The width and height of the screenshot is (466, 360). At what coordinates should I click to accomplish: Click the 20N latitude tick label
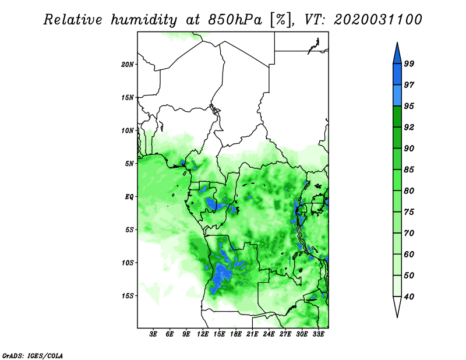tap(127, 65)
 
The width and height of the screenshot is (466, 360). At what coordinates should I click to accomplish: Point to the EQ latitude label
tap(129, 197)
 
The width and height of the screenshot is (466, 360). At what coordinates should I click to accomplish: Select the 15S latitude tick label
tap(128, 296)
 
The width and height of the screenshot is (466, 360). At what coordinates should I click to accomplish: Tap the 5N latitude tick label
tap(129, 164)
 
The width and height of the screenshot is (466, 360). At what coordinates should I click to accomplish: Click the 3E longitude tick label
tap(153, 334)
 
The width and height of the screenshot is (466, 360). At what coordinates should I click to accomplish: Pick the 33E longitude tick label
tap(318, 334)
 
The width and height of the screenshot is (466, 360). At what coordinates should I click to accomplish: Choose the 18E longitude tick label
tap(236, 334)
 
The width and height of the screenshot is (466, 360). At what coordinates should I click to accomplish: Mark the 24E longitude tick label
tap(269, 334)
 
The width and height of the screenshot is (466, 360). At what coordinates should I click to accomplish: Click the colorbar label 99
tap(409, 63)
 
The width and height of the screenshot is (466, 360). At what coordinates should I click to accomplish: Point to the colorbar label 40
tap(409, 297)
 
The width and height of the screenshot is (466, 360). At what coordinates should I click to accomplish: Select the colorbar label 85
tap(409, 170)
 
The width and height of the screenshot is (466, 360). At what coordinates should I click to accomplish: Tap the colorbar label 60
tap(409, 255)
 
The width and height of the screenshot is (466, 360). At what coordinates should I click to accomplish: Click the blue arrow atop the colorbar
tap(397, 54)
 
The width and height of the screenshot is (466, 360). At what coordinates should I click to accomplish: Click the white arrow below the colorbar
tap(397, 306)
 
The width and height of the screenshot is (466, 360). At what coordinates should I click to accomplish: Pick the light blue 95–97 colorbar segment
tap(397, 96)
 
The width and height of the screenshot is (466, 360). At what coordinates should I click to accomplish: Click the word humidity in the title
tap(144, 20)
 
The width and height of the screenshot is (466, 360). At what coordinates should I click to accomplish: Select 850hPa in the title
tap(235, 20)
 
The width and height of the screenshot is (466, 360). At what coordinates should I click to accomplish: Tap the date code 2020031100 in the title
tap(377, 20)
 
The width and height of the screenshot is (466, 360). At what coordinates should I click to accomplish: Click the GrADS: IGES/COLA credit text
tap(33, 355)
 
